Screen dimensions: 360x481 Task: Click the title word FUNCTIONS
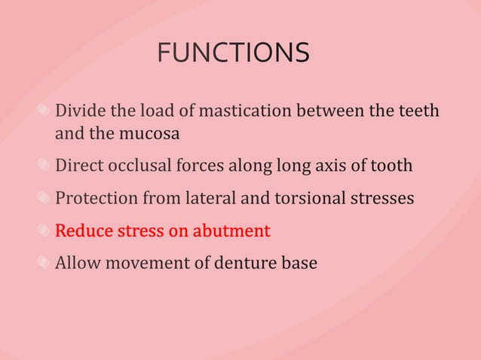coord(233,53)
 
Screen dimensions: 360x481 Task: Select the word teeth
coord(418,111)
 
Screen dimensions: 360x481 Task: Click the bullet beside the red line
coord(46,231)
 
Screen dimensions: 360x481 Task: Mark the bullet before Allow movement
coord(46,264)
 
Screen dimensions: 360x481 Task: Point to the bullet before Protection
coord(46,198)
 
